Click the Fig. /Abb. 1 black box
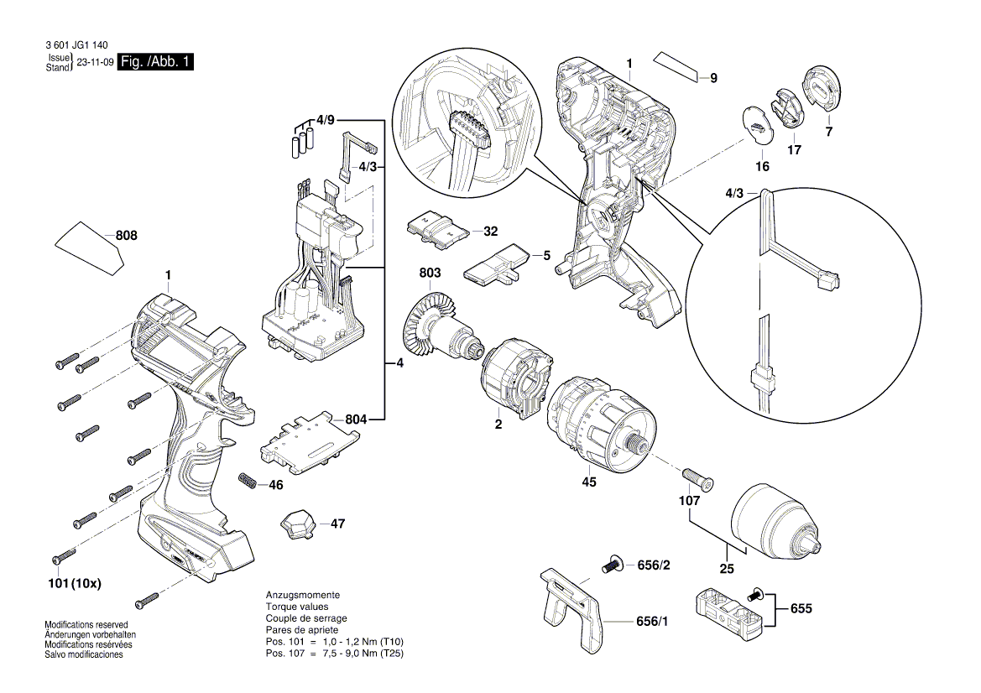point(156,63)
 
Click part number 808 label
point(126,237)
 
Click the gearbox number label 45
point(589,482)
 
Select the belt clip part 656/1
point(571,603)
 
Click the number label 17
point(793,150)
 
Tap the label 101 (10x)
point(74,583)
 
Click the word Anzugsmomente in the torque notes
point(303,595)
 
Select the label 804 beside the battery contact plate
point(357,418)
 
